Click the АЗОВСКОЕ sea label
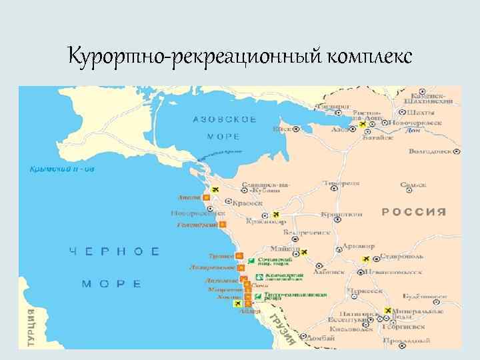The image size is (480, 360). click(x=225, y=119)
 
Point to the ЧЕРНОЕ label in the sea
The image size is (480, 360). click(x=115, y=251)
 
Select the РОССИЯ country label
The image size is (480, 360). click(x=413, y=211)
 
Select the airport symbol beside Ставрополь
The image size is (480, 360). click(x=365, y=259)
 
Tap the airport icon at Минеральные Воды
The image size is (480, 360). click(x=388, y=311)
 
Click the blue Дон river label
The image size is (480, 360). click(x=413, y=131)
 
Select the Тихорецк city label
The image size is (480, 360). click(x=341, y=182)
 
